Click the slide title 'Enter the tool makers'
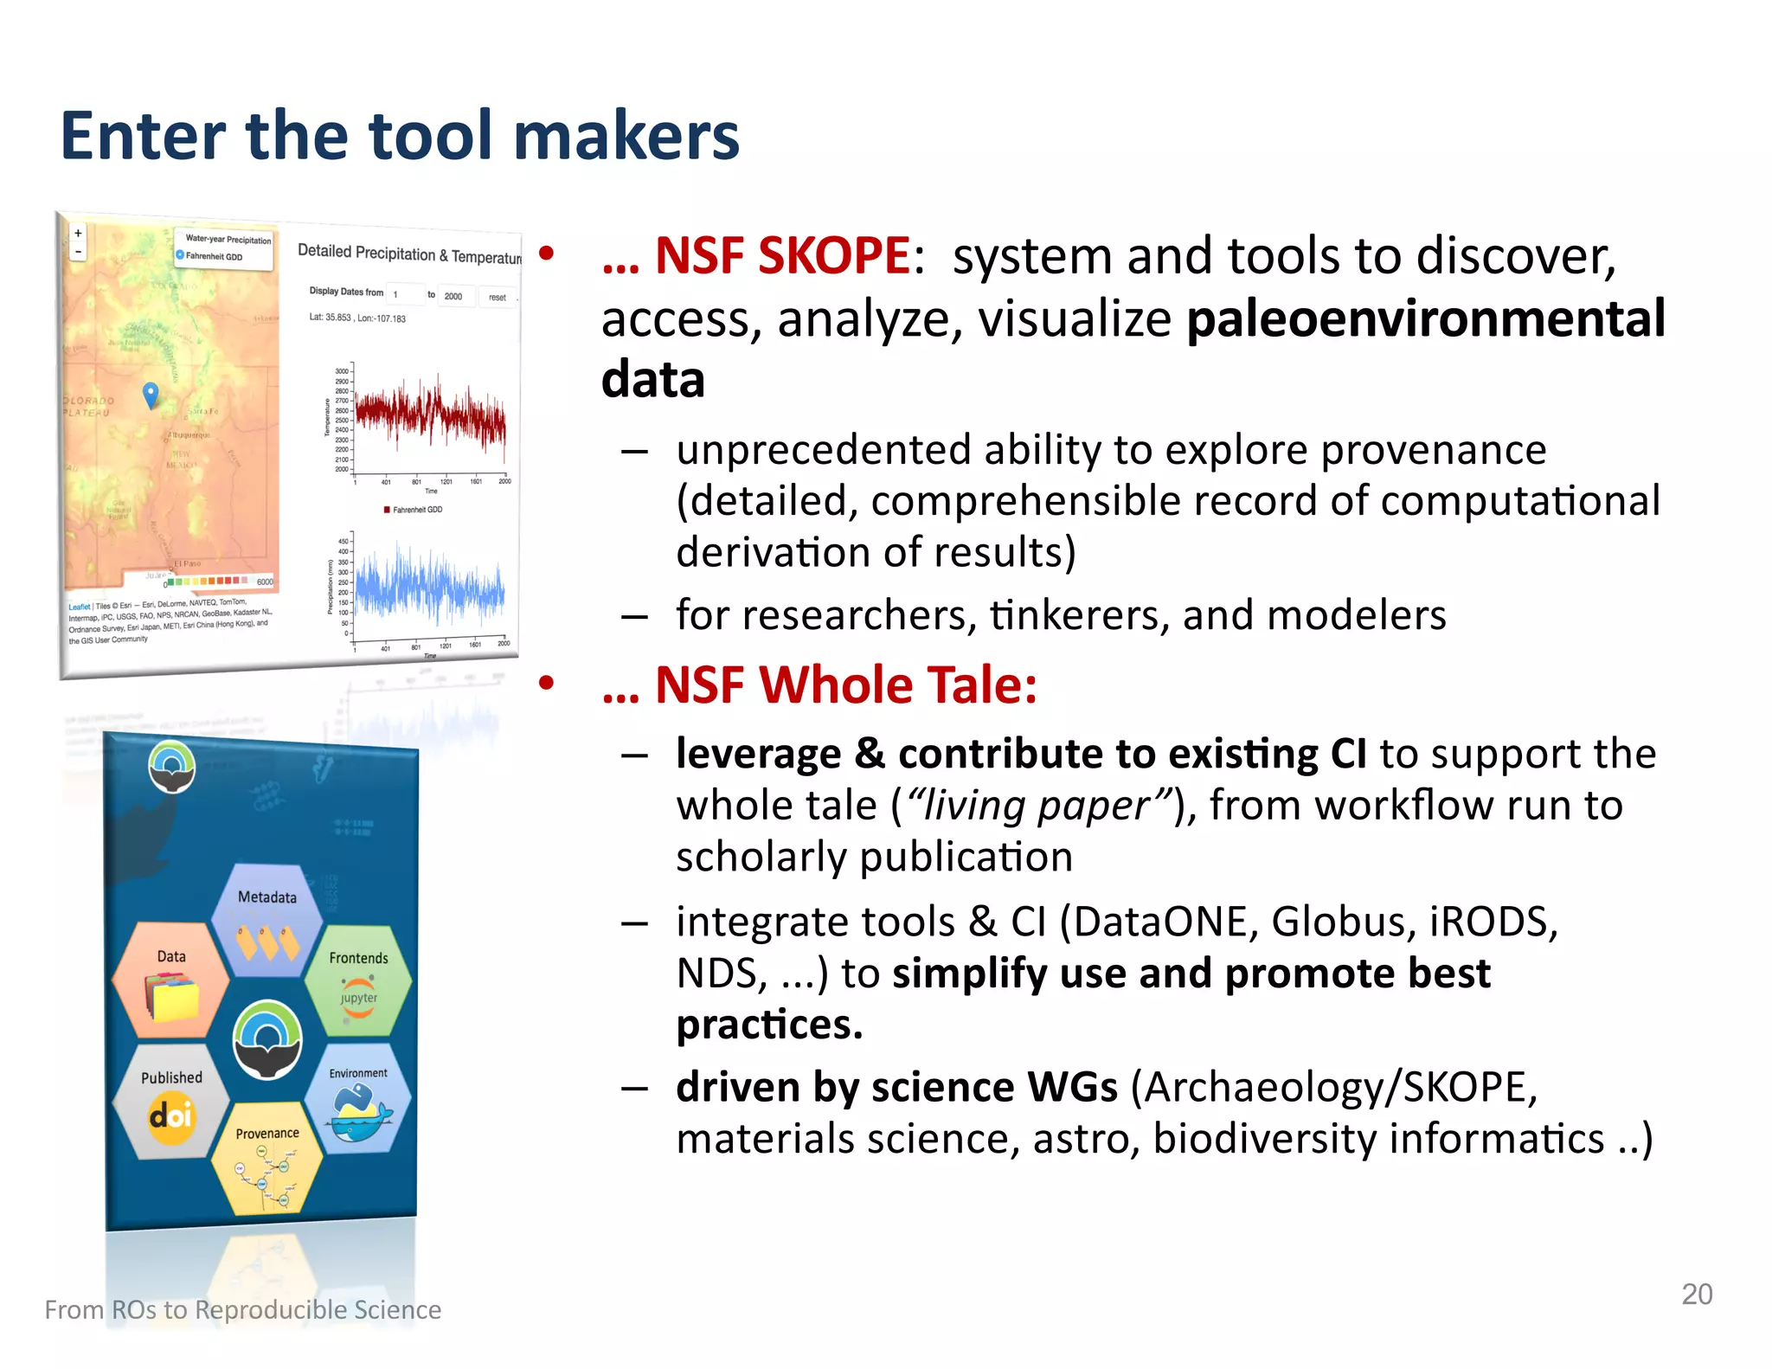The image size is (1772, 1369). click(x=400, y=136)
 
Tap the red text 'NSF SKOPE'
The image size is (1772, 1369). click(x=781, y=256)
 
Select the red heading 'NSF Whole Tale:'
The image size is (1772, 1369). click(x=845, y=685)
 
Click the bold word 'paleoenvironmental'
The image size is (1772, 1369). click(x=1425, y=318)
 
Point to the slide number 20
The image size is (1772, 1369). click(x=1696, y=1294)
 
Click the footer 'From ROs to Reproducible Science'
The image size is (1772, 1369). click(x=243, y=1309)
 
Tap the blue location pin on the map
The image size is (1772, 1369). click(x=151, y=394)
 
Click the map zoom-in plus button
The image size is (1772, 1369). click(x=78, y=233)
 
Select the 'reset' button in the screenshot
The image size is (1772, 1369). click(x=497, y=297)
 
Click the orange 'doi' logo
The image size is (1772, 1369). click(x=170, y=1116)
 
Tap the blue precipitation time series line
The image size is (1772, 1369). click(x=430, y=588)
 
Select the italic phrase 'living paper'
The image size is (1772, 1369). click(x=1038, y=806)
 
